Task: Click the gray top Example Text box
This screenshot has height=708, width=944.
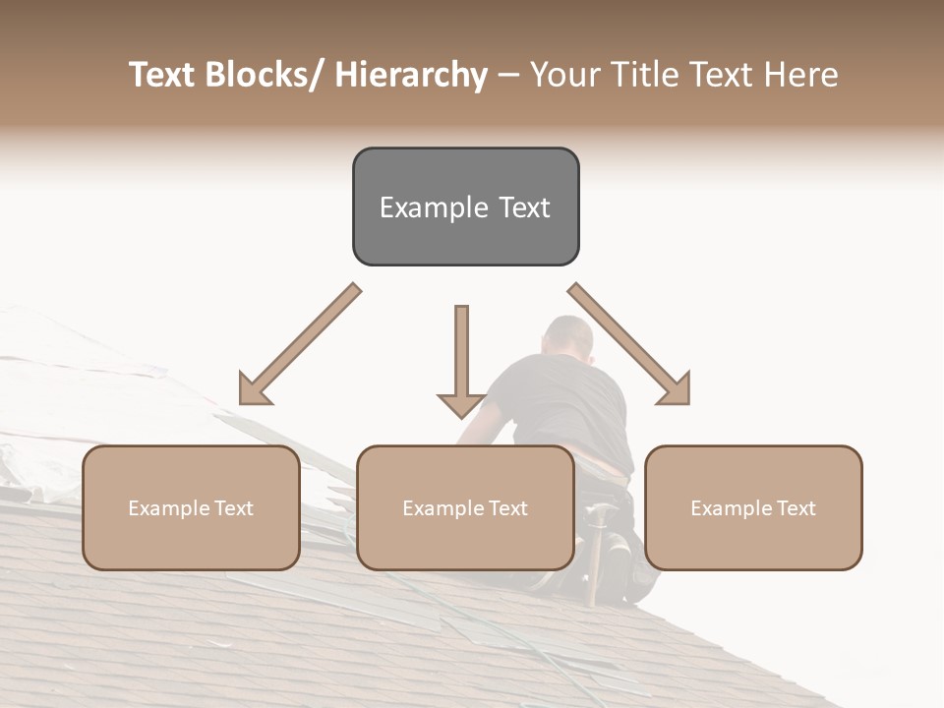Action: (465, 206)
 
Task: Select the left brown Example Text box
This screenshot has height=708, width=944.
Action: (191, 507)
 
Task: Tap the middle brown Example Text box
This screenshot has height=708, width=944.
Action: (465, 507)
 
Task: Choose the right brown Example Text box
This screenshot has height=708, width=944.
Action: (753, 507)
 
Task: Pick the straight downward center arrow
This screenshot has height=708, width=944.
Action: (461, 359)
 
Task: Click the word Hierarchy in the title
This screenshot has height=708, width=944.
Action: (411, 75)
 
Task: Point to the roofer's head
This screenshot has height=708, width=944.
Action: (569, 339)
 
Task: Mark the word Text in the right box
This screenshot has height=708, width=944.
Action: (796, 508)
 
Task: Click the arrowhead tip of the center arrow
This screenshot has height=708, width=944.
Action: (461, 416)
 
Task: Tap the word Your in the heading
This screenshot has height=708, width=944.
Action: (562, 75)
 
